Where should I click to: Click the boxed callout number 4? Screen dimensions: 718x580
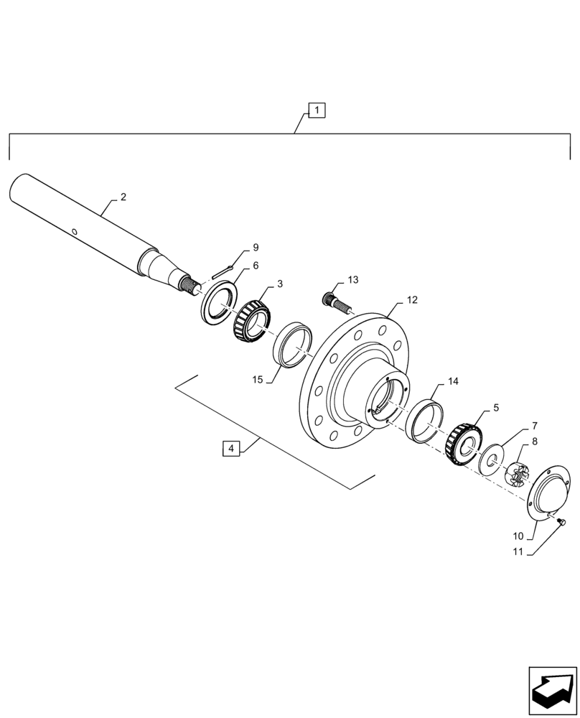(x=230, y=449)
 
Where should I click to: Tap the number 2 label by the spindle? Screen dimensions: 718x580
(x=123, y=197)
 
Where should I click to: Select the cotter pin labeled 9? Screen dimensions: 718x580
(x=224, y=271)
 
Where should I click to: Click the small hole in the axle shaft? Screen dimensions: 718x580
(x=74, y=231)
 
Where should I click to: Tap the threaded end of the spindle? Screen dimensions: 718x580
(x=192, y=287)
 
